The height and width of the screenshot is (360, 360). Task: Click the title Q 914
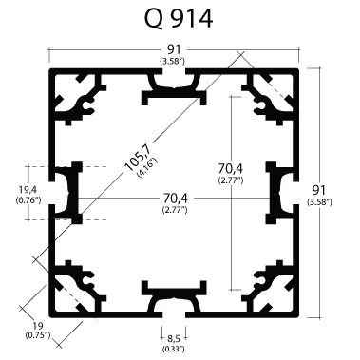[x=179, y=18]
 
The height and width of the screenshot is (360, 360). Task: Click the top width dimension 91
[x=174, y=49]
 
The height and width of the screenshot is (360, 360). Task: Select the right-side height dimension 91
[x=319, y=190]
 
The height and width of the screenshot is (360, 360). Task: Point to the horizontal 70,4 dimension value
[x=176, y=199]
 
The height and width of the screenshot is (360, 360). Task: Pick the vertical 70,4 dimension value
[x=231, y=168]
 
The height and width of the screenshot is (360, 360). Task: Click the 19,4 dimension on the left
[x=28, y=190]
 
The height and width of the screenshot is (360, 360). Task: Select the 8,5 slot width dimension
[x=174, y=339]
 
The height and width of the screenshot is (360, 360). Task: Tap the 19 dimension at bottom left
[x=38, y=326]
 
